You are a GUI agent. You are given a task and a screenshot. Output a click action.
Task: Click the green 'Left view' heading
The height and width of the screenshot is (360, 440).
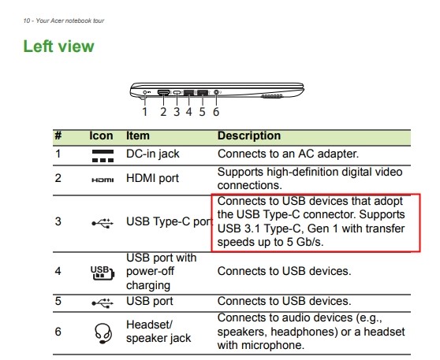[58, 46]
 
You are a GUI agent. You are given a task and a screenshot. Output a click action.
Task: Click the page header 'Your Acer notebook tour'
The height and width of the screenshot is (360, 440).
[70, 20]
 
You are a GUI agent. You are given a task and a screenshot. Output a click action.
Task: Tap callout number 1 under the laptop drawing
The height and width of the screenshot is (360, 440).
[145, 112]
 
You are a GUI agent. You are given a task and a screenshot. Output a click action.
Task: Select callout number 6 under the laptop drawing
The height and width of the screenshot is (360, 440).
[216, 112]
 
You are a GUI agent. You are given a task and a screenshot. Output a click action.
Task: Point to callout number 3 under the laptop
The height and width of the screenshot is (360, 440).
[177, 112]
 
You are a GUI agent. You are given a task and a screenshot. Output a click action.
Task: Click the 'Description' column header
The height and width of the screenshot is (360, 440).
[249, 135]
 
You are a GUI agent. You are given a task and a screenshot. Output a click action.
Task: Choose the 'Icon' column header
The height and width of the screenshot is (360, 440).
[101, 135]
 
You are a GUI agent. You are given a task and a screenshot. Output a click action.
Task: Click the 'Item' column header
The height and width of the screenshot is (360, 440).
[138, 135]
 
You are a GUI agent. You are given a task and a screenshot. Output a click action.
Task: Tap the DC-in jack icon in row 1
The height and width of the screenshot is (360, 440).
[103, 156]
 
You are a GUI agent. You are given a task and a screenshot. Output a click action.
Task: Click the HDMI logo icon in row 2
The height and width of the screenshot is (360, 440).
[103, 180]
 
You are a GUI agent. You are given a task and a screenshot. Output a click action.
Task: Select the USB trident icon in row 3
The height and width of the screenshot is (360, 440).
[103, 223]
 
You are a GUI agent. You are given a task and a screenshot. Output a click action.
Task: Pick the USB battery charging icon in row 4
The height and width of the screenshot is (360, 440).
[103, 273]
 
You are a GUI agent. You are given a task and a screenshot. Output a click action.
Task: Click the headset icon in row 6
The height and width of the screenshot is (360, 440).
[103, 333]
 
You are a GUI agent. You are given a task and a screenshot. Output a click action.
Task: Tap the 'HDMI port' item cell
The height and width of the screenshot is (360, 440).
[152, 178]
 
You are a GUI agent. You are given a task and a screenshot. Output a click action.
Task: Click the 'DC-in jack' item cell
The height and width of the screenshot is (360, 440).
[153, 154]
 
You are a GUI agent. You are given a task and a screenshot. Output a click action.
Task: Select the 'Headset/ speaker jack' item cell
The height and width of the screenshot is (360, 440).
[158, 332]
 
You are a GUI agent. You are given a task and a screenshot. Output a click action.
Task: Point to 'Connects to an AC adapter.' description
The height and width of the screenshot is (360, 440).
[288, 154]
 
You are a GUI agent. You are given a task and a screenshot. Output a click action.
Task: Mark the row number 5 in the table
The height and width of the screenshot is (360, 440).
[58, 301]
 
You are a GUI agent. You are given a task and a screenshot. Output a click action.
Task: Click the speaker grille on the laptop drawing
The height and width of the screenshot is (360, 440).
[271, 96]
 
